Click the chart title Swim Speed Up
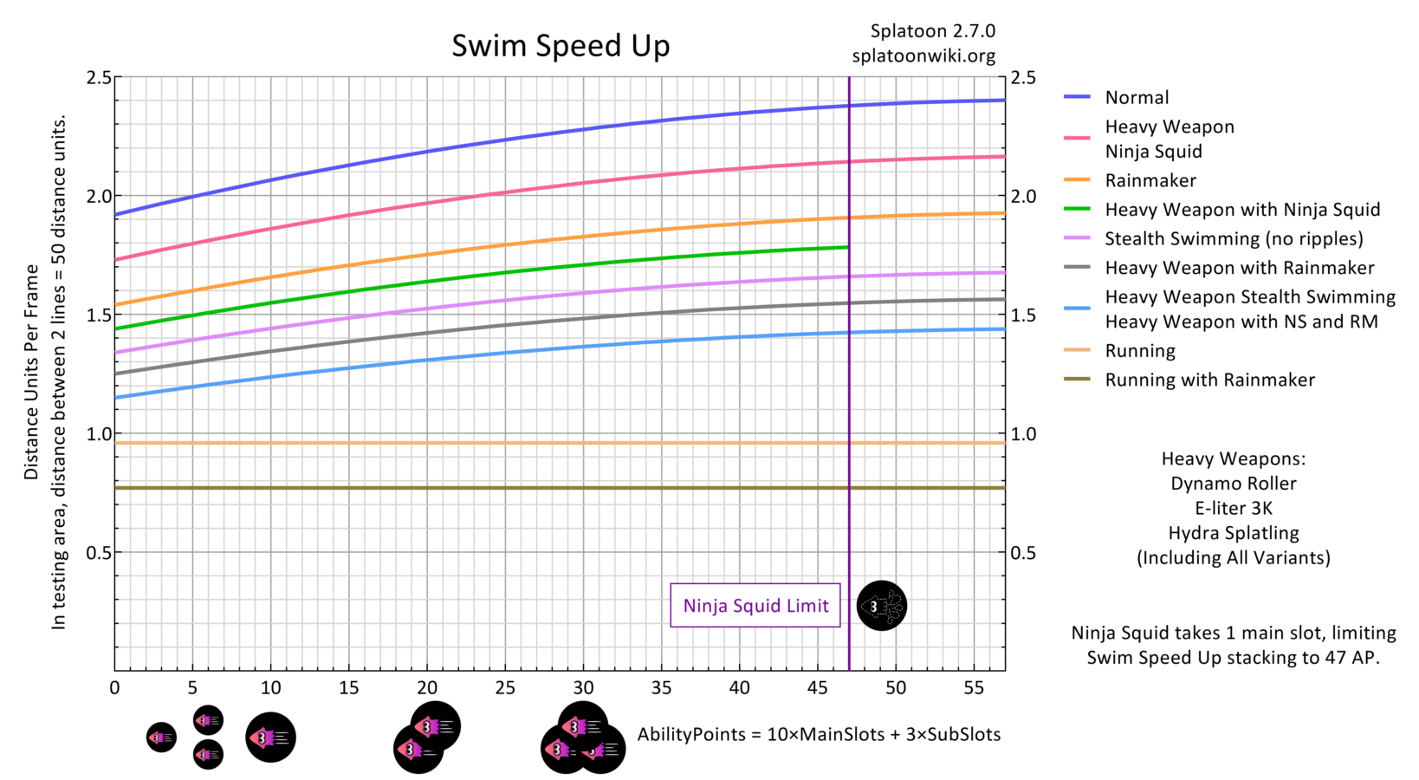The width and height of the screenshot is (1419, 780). pos(560,45)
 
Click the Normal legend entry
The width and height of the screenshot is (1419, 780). pos(1136,98)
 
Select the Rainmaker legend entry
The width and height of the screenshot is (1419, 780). pos(1150,181)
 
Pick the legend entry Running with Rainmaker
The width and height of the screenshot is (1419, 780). pos(1209,380)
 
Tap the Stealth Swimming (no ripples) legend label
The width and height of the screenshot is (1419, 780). pos(1233,239)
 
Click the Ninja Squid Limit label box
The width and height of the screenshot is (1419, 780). pos(755,606)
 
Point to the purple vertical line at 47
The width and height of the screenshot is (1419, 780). pos(849,390)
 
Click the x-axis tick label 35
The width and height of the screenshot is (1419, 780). pos(661,688)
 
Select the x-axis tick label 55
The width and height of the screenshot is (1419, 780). pos(974,688)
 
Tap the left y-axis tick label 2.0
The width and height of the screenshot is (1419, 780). pos(99,197)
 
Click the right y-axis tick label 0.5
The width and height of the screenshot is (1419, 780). pos(1023,553)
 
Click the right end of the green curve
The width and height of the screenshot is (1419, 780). pos(846,248)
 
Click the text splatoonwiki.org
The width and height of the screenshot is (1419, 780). pos(923,56)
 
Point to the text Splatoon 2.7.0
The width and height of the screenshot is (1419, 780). pos(932,31)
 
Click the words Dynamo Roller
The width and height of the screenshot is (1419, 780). pos(1233,484)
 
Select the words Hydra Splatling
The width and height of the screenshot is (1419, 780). pos(1233,533)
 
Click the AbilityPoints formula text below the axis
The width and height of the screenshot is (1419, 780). pos(819,735)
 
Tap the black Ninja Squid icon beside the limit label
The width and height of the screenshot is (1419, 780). pos(881,606)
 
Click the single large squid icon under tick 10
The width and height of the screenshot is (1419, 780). pos(270,738)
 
